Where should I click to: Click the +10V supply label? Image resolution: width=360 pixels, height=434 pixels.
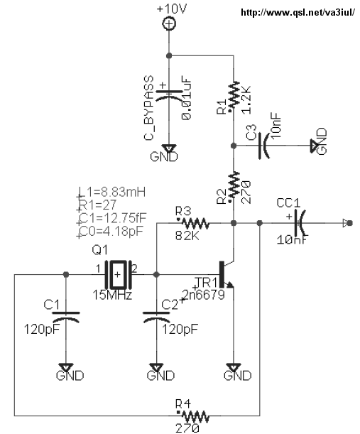[x=172, y=9]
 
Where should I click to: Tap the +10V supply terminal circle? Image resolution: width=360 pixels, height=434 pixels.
[x=169, y=23]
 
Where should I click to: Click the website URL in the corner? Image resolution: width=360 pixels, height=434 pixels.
[x=298, y=13]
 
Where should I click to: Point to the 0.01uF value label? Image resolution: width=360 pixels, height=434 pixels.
[x=187, y=97]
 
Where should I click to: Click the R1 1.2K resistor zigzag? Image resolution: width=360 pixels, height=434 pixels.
[x=234, y=94]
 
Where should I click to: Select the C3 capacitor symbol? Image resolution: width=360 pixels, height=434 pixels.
[x=264, y=146]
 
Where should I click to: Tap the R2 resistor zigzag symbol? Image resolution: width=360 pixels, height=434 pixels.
[x=234, y=184]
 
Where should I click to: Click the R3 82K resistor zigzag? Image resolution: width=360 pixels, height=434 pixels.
[x=195, y=223]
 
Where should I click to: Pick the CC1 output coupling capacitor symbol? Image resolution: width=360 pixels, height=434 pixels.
[x=300, y=223]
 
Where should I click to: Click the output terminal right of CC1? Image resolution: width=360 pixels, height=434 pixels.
[x=348, y=223]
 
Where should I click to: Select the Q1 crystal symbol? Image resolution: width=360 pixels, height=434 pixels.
[x=118, y=274]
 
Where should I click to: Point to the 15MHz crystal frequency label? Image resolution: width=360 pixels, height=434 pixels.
[x=112, y=295]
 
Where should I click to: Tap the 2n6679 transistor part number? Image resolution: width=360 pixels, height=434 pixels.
[x=204, y=295]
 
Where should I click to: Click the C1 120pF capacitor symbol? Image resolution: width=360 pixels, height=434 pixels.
[x=66, y=318]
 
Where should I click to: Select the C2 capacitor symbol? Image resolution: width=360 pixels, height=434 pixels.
[x=156, y=318]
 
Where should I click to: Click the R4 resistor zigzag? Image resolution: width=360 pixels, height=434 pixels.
[x=195, y=416]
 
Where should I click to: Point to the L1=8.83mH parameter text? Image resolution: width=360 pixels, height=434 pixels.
[x=112, y=192]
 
